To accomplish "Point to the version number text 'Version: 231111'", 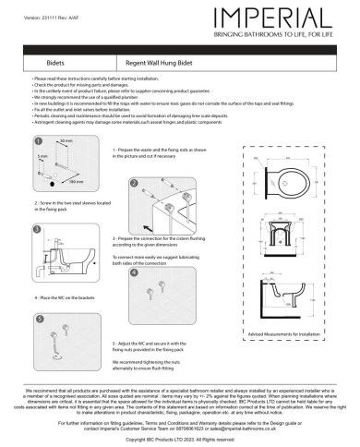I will (37, 6).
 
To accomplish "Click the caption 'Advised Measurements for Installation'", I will (288, 356).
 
